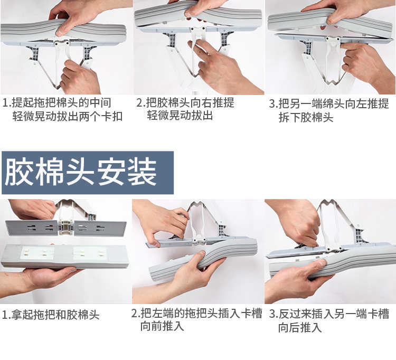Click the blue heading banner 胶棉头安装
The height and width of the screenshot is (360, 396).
[x=87, y=173]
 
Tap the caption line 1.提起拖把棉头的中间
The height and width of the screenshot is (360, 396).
[x=57, y=103]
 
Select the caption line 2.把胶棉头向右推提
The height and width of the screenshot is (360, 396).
[x=185, y=103]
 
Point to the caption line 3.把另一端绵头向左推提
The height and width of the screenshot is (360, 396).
[x=329, y=104]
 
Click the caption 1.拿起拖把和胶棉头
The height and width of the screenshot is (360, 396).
[x=51, y=315]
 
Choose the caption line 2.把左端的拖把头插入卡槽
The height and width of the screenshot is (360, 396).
[x=197, y=314]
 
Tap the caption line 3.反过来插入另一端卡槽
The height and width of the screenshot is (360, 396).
[x=329, y=314]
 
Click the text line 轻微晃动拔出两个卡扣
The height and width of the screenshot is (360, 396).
[x=68, y=117]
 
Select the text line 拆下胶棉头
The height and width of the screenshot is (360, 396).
[x=306, y=117]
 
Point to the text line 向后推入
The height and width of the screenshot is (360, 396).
[x=300, y=327]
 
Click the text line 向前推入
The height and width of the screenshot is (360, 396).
[x=162, y=326]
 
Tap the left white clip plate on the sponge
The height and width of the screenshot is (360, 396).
[x=36, y=253]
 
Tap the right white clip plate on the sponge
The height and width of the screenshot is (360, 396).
[x=90, y=253]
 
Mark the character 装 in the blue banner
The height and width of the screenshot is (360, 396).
[x=142, y=173]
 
